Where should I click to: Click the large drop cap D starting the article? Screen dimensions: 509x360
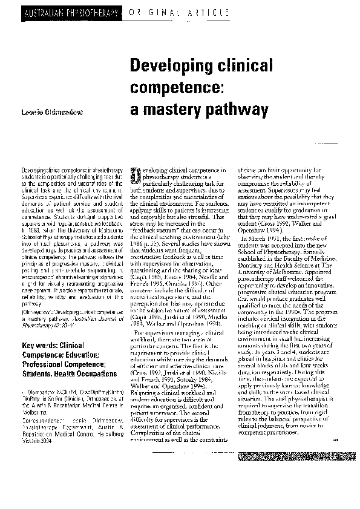tap(135, 176)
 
